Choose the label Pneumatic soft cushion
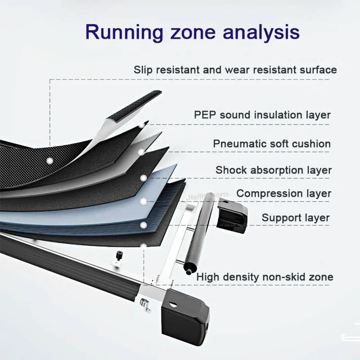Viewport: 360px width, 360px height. tap(272, 144)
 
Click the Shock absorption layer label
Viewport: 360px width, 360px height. tap(273, 170)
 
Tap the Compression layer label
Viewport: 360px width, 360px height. tap(283, 193)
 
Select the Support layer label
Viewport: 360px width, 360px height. tap(296, 218)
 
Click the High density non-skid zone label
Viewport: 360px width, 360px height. tap(265, 277)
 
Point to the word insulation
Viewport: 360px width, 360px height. tap(276, 115)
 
